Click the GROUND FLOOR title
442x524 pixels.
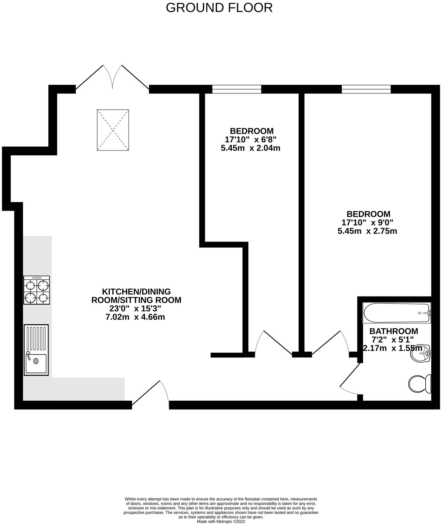[219, 8]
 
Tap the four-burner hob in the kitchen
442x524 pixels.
[37, 290]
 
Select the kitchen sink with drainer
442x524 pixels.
[36, 350]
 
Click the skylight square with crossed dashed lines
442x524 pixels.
[113, 130]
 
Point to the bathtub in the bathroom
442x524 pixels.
[397, 313]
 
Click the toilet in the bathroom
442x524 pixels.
[420, 384]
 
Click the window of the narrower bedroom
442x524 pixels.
[237, 89]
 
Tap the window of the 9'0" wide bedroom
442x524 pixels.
[366, 89]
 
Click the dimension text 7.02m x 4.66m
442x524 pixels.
[136, 317]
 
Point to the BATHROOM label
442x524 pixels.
[394, 331]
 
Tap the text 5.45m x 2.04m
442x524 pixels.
[250, 148]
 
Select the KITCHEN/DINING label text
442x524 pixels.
[136, 291]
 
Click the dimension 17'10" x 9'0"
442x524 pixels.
[367, 223]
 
